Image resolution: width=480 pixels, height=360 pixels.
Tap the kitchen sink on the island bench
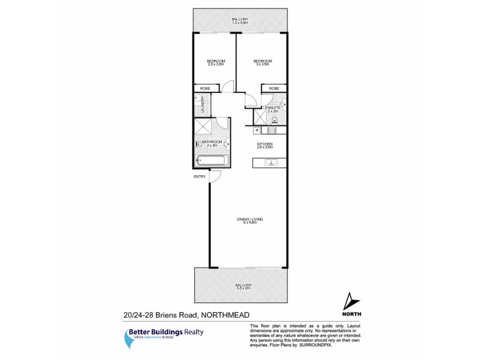coord(271,161)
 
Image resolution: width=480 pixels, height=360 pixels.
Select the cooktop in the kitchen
coord(271,130)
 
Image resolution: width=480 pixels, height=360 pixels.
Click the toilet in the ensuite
coord(283,104)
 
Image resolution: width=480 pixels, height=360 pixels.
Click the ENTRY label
coord(199,177)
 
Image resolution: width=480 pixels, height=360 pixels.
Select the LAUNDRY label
coord(203,106)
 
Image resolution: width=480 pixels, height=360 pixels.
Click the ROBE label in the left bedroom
coord(205,89)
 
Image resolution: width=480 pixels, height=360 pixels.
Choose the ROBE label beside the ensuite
coord(274,89)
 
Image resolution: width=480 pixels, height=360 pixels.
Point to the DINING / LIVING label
coord(248,220)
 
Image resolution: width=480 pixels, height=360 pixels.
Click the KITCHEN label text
coord(265,144)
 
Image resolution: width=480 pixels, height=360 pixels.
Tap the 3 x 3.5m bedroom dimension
coord(263,65)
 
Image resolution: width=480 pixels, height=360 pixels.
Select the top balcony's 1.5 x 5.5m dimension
coord(240,24)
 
